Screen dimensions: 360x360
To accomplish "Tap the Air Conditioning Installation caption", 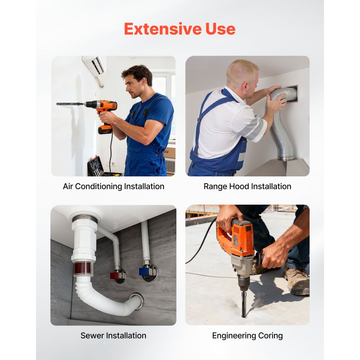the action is pyautogui.click(x=113, y=186).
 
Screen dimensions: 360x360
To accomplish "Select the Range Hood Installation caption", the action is pyautogui.click(x=247, y=186).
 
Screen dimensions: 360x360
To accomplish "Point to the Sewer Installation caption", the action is pyautogui.click(x=113, y=336).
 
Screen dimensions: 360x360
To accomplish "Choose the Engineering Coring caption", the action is pyautogui.click(x=247, y=336).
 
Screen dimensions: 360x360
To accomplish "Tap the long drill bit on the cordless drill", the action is pyautogui.click(x=70, y=104).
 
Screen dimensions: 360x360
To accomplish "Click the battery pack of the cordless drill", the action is pyautogui.click(x=105, y=130).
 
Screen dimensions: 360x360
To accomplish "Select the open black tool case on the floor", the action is pyautogui.click(x=99, y=167).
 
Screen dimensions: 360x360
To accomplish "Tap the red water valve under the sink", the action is pyautogui.click(x=114, y=275).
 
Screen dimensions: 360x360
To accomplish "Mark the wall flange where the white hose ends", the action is pyautogui.click(x=138, y=301).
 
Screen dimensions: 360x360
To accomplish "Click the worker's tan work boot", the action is pyautogui.click(x=297, y=280).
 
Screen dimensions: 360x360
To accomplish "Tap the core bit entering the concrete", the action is pyautogui.click(x=244, y=305).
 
